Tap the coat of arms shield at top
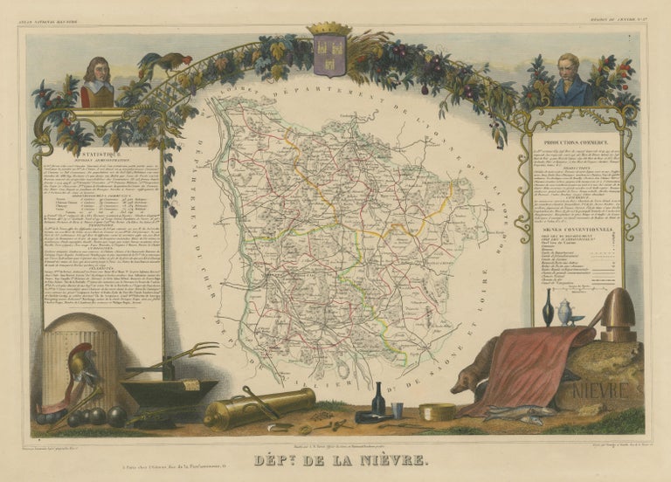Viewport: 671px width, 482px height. (x=329, y=55)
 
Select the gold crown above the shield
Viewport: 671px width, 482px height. (x=329, y=30)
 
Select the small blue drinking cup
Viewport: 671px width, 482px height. (x=398, y=410)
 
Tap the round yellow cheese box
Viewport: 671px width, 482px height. (x=438, y=411)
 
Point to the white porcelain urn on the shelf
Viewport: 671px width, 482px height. (x=565, y=312)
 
